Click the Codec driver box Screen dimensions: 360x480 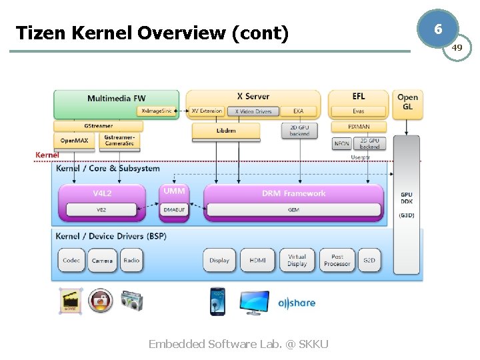click(71, 261)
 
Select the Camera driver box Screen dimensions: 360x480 click(102, 261)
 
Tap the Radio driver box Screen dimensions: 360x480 click(131, 261)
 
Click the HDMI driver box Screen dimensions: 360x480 click(257, 261)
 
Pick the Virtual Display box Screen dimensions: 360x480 click(297, 260)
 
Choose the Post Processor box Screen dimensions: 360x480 click(337, 260)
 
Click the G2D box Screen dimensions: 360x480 click(369, 261)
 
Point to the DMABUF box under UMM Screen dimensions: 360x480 click(175, 210)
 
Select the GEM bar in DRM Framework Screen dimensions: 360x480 click(293, 210)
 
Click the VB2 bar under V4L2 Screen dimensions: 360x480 click(101, 210)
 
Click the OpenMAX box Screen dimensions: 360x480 click(74, 141)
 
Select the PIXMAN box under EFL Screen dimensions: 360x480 click(359, 127)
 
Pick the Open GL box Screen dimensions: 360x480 click(407, 102)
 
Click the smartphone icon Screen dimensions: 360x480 click(218, 301)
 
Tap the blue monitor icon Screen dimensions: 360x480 click(255, 302)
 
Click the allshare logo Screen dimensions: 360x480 click(297, 303)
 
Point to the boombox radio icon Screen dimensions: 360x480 click(131, 301)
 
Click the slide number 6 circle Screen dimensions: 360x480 click(437, 29)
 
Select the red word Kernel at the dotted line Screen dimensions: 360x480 click(47, 155)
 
